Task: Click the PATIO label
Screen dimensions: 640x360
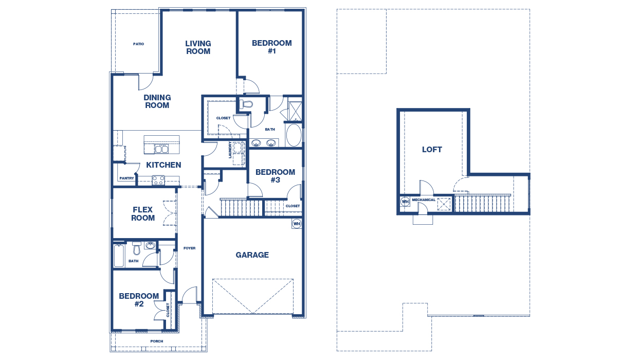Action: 139,44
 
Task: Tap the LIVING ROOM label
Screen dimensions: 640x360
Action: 198,47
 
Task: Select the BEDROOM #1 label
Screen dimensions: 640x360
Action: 272,47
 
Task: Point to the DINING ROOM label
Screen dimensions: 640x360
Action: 157,101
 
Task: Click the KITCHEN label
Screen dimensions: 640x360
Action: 163,165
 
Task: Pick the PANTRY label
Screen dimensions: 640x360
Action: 126,178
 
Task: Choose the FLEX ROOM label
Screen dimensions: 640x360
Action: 143,214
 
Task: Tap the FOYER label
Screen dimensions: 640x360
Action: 189,248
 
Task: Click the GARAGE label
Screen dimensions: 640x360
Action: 252,255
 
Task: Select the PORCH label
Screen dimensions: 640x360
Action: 157,341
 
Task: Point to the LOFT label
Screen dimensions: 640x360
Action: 432,150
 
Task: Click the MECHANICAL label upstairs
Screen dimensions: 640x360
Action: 424,200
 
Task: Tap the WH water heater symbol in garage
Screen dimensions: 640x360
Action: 297,224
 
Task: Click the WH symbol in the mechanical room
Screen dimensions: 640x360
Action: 405,202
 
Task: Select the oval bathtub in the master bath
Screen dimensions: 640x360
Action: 294,135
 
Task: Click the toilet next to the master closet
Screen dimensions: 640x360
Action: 246,104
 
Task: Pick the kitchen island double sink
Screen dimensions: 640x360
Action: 161,149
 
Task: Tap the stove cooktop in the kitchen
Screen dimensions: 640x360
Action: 158,181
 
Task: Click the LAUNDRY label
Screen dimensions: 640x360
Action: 230,150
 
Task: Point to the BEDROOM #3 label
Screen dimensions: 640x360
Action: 275,176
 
